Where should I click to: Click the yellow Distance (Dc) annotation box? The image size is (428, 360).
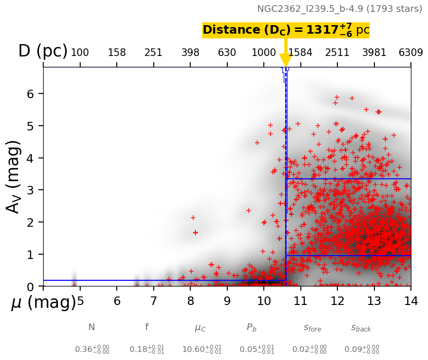286,30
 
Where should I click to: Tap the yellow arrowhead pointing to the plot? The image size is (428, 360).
285,60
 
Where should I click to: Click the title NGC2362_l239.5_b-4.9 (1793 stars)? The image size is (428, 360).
339,9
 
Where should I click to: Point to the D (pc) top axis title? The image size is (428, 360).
43,51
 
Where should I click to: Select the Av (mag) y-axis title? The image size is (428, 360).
14,176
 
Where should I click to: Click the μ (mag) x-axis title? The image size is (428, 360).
43,302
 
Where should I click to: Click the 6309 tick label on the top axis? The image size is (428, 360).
410,53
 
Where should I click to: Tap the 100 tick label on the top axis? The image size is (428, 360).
80,53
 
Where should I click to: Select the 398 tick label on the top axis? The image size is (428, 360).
190,53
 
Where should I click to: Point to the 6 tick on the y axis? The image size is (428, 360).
30,94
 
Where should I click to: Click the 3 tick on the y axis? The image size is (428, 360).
30,190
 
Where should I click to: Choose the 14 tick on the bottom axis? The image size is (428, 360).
410,301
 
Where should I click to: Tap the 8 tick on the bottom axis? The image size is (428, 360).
190,301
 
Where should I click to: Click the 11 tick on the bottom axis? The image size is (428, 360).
300,301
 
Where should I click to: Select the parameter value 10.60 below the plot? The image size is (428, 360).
202,350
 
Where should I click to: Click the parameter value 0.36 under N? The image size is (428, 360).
92,350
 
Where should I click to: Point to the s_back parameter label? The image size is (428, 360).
361,328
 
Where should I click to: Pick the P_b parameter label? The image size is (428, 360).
251,328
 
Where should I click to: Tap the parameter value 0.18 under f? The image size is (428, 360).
147,350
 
